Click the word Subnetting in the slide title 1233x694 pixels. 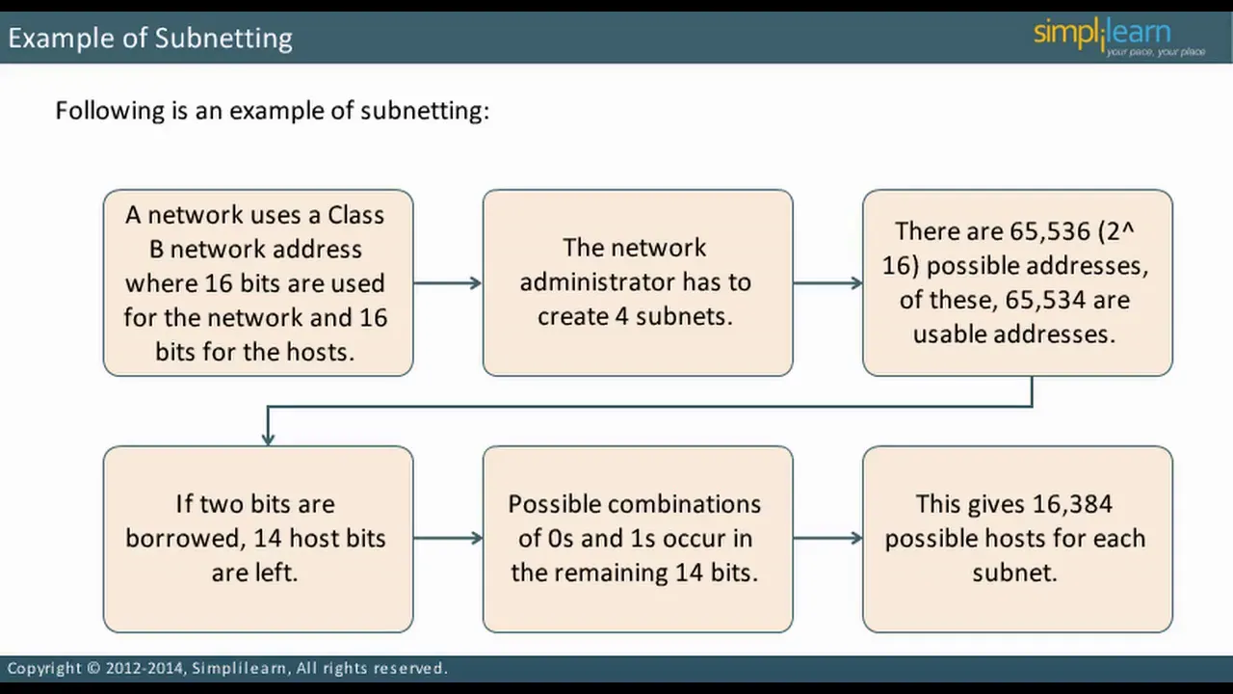tap(223, 39)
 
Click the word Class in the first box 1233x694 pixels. tap(356, 215)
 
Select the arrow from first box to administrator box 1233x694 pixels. tap(448, 283)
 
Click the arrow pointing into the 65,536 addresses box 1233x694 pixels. tap(827, 283)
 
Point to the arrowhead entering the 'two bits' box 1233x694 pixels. tap(268, 438)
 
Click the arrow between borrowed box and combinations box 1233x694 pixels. tap(448, 538)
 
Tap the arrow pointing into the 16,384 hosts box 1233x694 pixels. tap(827, 538)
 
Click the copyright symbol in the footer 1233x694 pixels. tap(93, 668)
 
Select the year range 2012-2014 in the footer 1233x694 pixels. tap(144, 668)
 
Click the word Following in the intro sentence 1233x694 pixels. tap(110, 111)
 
